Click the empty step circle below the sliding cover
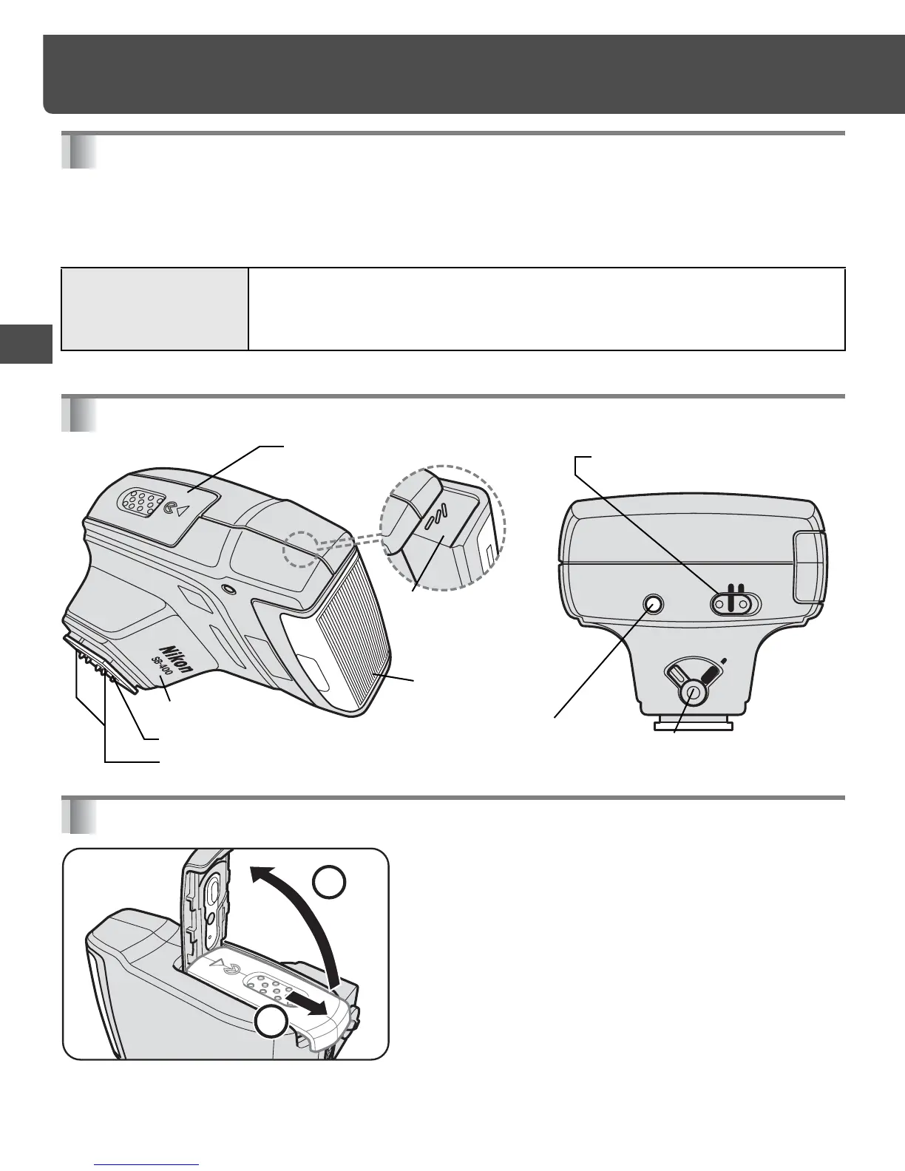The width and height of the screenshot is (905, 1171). (272, 1025)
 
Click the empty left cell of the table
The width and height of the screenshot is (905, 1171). (155, 308)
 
